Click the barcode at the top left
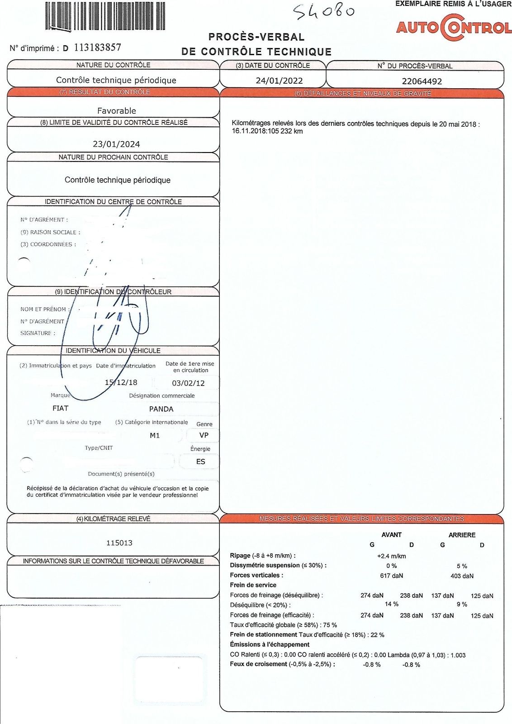105,16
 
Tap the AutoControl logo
454,28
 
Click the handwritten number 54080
323,11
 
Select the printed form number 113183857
97,48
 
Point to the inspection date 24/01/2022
279,81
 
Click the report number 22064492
422,81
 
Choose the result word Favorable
116,110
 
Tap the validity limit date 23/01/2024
116,144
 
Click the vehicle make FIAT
60,408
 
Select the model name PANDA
161,409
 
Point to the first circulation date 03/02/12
188,383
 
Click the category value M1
155,435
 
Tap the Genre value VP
204,435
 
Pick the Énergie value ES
200,462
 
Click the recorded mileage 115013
119,543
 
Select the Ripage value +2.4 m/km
391,556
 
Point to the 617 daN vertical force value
391,576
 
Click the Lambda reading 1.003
458,655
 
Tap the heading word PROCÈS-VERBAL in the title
256,37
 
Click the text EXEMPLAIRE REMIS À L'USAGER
453,4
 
